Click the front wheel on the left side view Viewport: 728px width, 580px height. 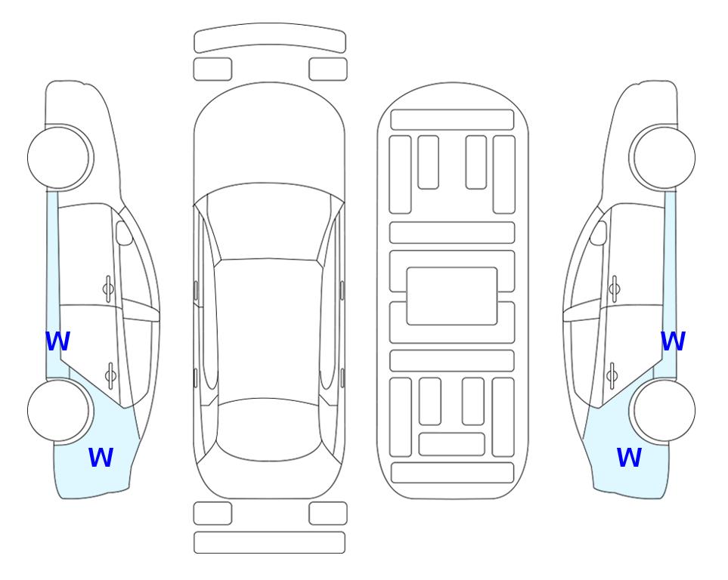click(x=59, y=157)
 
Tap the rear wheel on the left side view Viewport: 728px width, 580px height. click(x=59, y=410)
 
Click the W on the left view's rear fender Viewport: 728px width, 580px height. click(x=101, y=457)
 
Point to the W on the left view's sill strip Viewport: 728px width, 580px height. click(x=57, y=341)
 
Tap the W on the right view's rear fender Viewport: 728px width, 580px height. click(x=629, y=457)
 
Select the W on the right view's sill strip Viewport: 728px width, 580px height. click(x=673, y=341)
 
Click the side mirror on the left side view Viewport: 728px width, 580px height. click(x=124, y=233)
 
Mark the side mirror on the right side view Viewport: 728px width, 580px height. click(x=599, y=233)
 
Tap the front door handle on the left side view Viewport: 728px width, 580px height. click(x=108, y=289)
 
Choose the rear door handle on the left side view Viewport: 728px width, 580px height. click(x=110, y=375)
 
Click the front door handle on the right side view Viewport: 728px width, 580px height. click(x=615, y=289)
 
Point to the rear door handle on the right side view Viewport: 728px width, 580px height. click(x=612, y=375)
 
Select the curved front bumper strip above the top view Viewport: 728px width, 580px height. click(x=270, y=38)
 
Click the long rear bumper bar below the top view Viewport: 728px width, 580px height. click(x=269, y=542)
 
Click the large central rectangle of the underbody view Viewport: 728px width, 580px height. click(x=452, y=296)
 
